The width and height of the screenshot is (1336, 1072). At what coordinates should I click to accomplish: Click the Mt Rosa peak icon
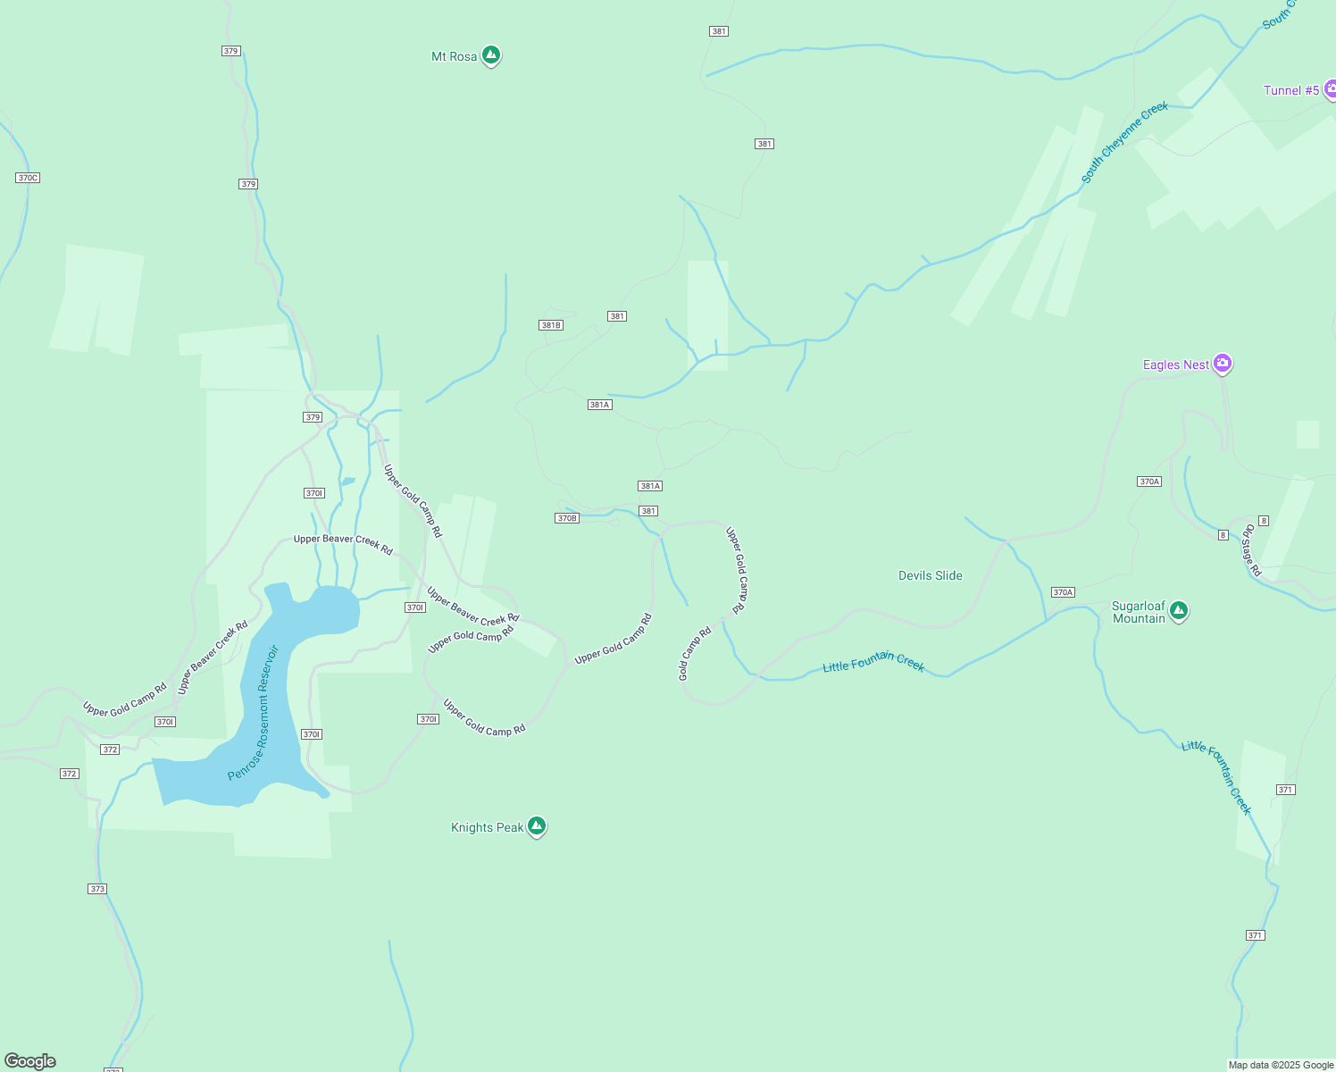point(490,55)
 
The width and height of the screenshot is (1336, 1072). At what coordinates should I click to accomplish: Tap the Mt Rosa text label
point(454,56)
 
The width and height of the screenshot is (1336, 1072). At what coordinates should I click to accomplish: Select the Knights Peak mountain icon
point(536,826)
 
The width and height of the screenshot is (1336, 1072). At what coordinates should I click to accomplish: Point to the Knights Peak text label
point(487,827)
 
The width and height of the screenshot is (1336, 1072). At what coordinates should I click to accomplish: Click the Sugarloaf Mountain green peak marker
point(1178,611)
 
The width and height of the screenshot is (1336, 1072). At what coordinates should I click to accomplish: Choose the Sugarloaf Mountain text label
point(1139,612)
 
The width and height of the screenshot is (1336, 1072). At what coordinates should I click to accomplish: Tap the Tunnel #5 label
point(1290,90)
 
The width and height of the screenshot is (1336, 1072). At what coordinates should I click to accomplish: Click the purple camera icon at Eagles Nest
point(1223,364)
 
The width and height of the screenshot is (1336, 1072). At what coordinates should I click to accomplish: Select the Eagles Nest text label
point(1176,364)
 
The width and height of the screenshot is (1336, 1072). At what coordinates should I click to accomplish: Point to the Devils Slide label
point(930,575)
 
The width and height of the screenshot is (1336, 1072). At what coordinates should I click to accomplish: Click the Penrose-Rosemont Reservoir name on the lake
point(254,713)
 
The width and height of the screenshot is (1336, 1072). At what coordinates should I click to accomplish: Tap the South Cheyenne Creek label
point(1124,143)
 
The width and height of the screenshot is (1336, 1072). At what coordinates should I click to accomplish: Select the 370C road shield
point(28,178)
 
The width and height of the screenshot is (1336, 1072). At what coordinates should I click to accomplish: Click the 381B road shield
point(551,325)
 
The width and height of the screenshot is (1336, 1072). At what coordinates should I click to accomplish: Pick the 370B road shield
point(567,518)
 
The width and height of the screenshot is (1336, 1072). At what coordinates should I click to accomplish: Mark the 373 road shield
point(97,889)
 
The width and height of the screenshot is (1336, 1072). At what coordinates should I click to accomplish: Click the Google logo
point(30,1061)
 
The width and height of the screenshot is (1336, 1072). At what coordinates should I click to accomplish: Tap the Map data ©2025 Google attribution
point(1281,1065)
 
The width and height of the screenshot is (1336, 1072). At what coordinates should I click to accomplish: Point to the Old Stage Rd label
point(1250,550)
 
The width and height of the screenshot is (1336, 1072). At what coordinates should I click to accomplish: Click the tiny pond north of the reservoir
point(347,482)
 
